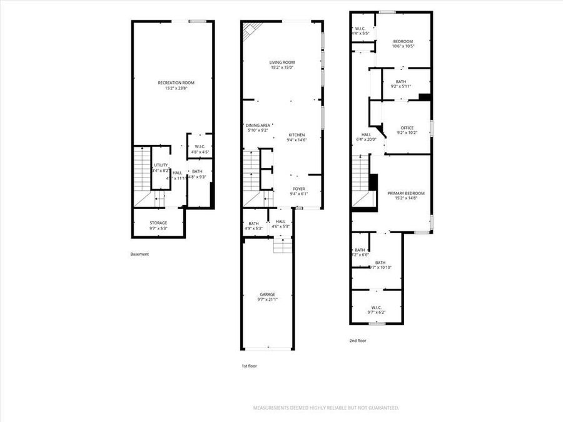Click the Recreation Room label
[176, 83]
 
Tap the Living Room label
[282, 63]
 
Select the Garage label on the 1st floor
[268, 294]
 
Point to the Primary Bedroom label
[402, 194]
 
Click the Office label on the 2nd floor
[407, 128]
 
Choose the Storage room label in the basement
[158, 223]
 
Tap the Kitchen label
[297, 135]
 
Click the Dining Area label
[257, 125]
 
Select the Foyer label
[299, 189]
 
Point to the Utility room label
[161, 165]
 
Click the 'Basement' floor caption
[139, 254]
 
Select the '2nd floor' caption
[358, 341]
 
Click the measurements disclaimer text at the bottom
[325, 408]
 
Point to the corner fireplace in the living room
[252, 30]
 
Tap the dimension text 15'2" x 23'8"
[176, 88]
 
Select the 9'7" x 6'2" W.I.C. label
[376, 310]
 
